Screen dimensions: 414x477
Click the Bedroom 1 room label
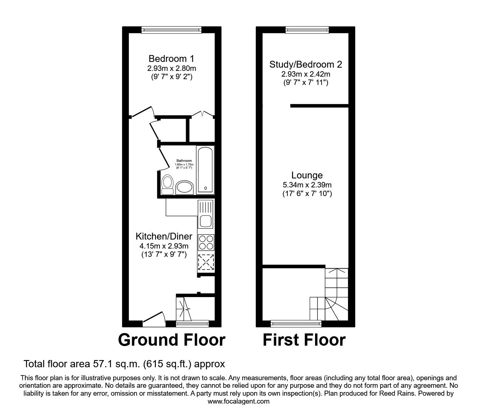(171, 59)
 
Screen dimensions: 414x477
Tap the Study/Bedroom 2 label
(306, 65)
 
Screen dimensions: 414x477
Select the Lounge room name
(307, 176)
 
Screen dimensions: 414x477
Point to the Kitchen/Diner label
(164, 237)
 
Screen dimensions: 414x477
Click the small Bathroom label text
(184, 161)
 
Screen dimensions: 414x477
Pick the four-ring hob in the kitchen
(206, 242)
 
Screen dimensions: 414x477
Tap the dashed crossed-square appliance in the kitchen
(206, 262)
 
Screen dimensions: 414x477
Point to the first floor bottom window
(296, 323)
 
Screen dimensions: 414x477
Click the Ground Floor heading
(171, 340)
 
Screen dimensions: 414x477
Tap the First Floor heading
(304, 340)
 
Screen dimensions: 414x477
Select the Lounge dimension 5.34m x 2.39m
(307, 185)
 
